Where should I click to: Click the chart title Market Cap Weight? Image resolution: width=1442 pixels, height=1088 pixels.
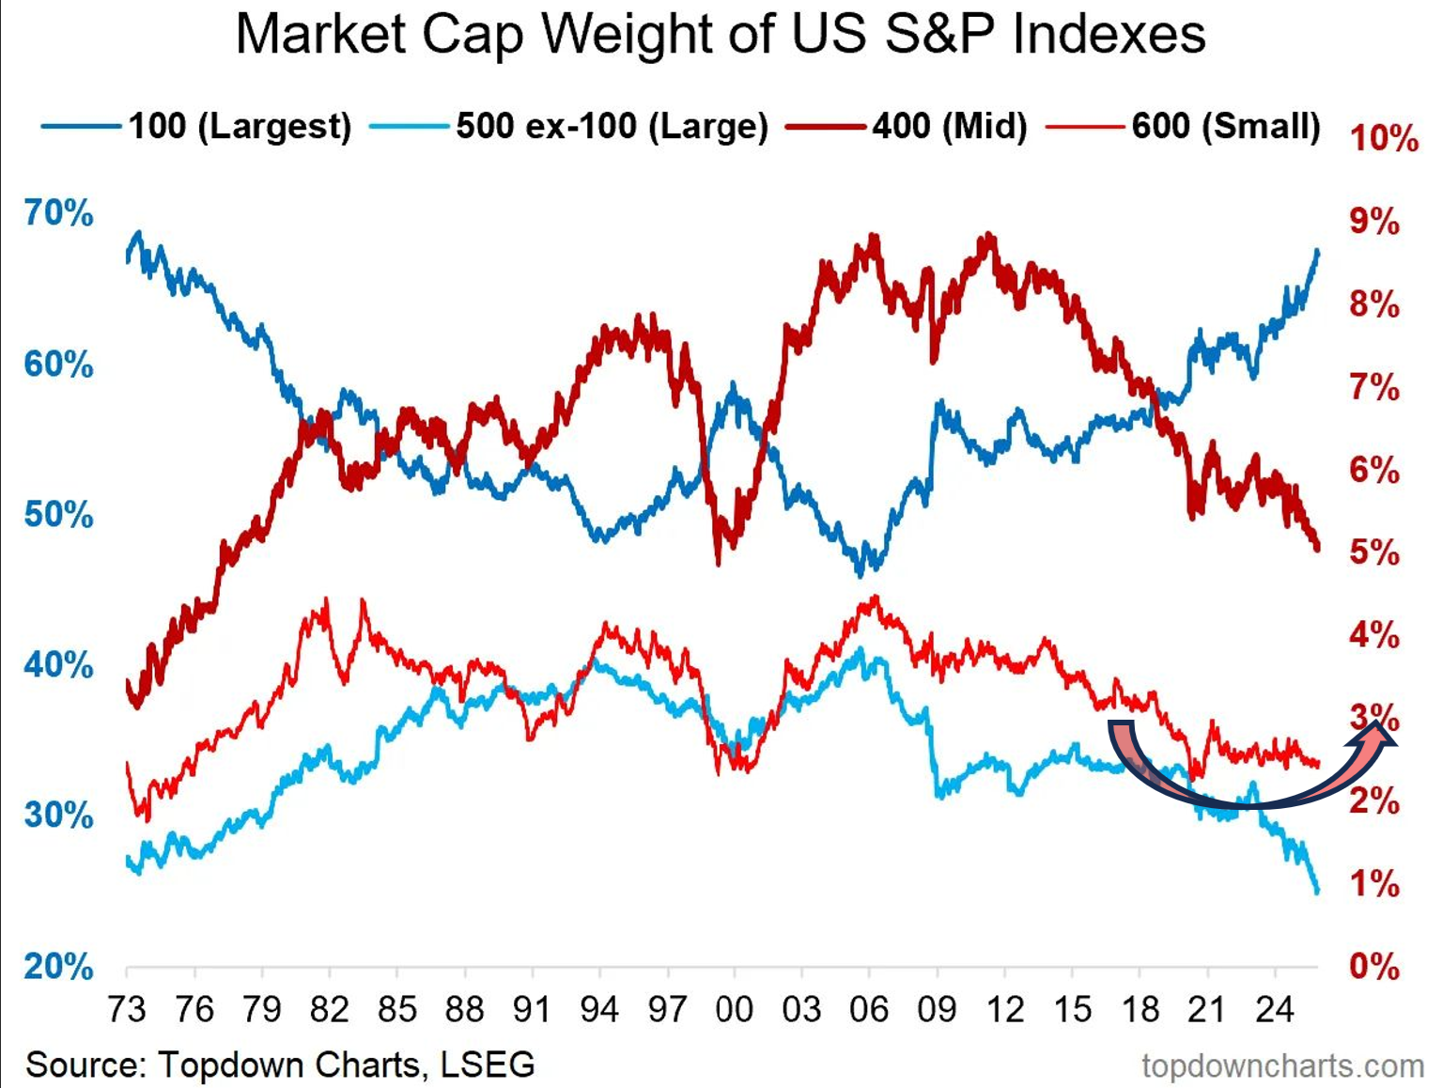pyautogui.click(x=720, y=35)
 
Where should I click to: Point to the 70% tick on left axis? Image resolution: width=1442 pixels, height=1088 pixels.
pyautogui.click(x=58, y=213)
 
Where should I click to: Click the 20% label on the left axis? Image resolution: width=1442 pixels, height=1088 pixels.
pyautogui.click(x=58, y=966)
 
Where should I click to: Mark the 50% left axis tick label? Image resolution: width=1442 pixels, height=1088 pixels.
pyautogui.click(x=58, y=515)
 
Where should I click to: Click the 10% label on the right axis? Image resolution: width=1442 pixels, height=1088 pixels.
pyautogui.click(x=1384, y=139)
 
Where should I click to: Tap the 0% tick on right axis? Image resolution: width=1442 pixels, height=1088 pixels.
pyautogui.click(x=1374, y=966)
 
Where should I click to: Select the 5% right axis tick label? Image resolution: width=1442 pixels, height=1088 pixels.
pyautogui.click(x=1374, y=552)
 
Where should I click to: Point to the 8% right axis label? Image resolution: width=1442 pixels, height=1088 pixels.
pyautogui.click(x=1374, y=304)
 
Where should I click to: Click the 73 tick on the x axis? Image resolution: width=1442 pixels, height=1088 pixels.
pyautogui.click(x=127, y=1010)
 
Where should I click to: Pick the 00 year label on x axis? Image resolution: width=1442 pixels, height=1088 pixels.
pyautogui.click(x=734, y=1010)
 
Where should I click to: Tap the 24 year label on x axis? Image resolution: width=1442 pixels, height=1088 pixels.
pyautogui.click(x=1274, y=1010)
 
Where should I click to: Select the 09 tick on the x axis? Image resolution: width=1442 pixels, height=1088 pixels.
pyautogui.click(x=937, y=1010)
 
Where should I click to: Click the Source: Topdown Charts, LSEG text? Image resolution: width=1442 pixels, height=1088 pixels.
pyautogui.click(x=280, y=1065)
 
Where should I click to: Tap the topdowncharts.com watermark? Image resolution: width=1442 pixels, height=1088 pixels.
pyautogui.click(x=1282, y=1066)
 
